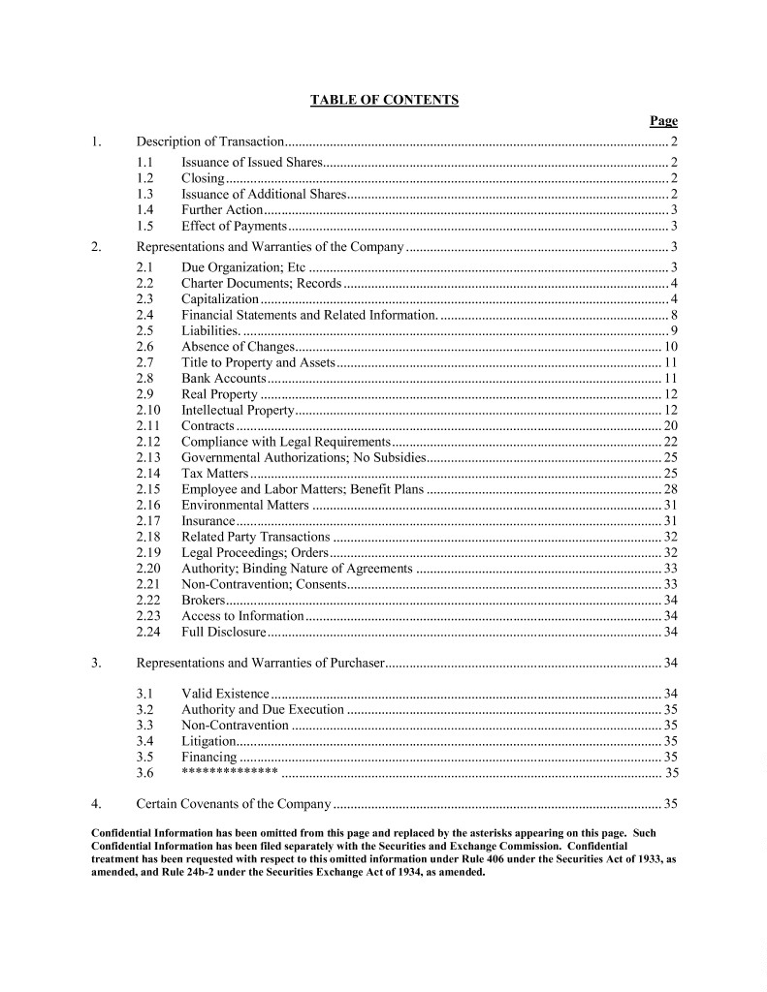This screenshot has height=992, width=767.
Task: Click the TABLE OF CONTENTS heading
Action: click(x=384, y=100)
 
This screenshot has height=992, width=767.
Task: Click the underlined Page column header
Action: click(x=663, y=121)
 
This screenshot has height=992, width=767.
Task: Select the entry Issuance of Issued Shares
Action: click(x=251, y=162)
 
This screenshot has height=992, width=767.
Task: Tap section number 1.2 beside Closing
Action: click(x=145, y=178)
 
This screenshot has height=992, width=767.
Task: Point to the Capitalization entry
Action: click(x=220, y=299)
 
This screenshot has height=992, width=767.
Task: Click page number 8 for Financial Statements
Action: click(x=672, y=315)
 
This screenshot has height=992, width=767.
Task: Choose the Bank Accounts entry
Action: click(x=223, y=378)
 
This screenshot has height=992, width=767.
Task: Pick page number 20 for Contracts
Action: click(x=670, y=425)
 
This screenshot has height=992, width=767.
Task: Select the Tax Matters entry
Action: click(x=215, y=473)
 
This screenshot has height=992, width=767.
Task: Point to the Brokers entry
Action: click(x=204, y=600)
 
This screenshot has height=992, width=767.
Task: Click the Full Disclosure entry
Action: click(x=223, y=632)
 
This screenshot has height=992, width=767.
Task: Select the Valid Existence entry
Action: click(x=225, y=694)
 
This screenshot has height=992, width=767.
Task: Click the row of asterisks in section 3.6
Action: click(x=230, y=772)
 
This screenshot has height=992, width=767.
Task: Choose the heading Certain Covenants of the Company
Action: click(x=235, y=804)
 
